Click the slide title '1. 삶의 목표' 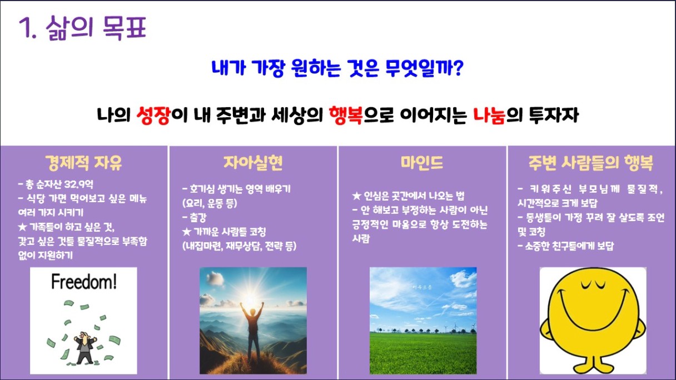pos(82,28)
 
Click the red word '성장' pos(153,116)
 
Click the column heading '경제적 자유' pos(83,163)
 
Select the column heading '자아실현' pos(253,163)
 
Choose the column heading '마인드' pos(422,163)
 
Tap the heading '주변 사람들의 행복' pos(590,163)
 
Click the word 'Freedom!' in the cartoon pos(84,282)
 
